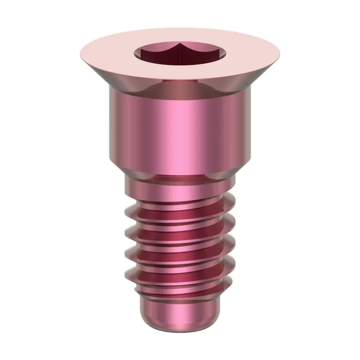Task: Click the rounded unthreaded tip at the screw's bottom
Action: (180, 316)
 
